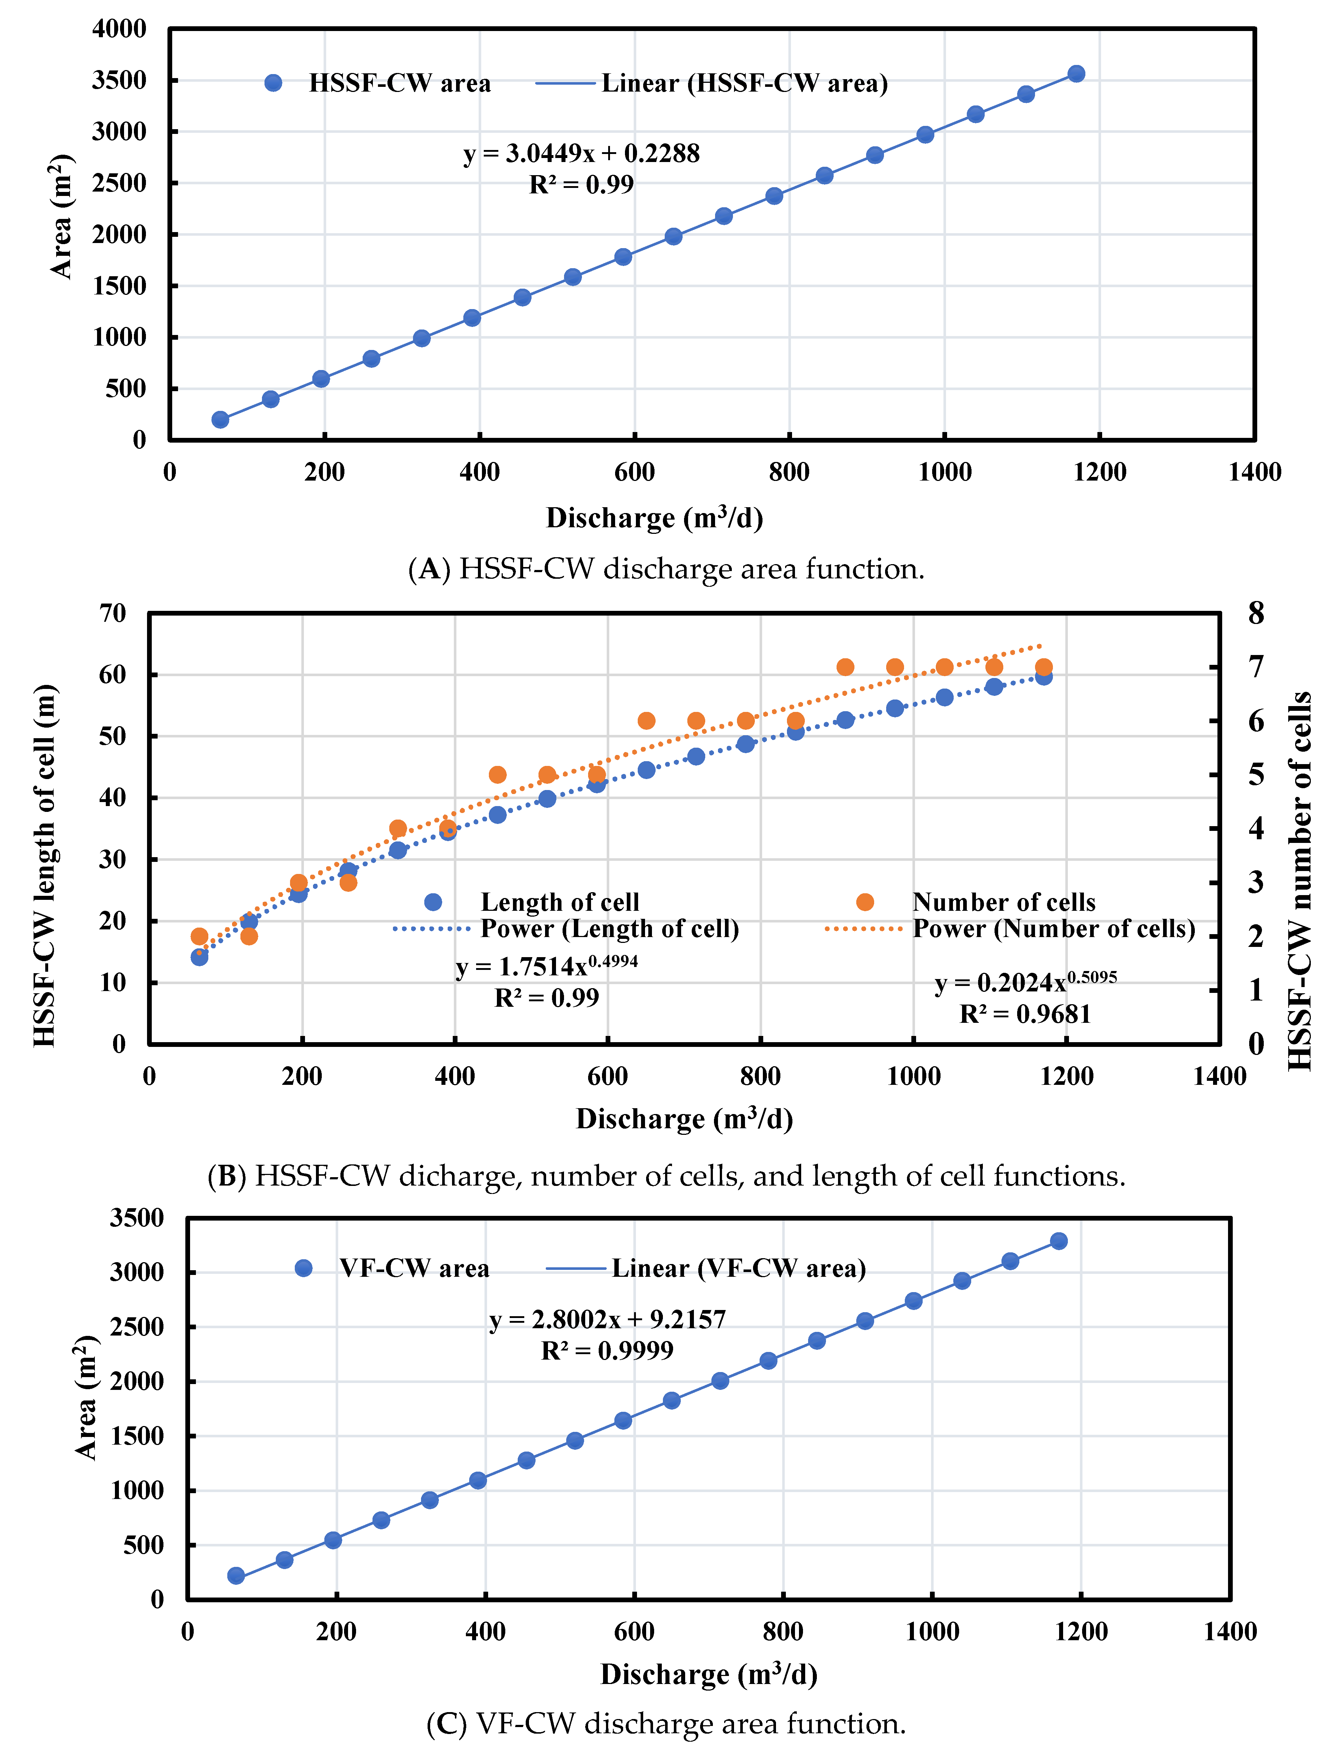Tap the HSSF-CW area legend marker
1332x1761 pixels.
tap(273, 83)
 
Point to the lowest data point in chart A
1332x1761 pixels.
tap(220, 420)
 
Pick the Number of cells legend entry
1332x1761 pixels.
tap(1003, 902)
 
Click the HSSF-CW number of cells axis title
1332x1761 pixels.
tap(1300, 880)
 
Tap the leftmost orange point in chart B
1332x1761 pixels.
tap(200, 936)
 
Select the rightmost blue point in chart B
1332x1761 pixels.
tap(1043, 677)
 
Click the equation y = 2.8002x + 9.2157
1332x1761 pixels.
tap(607, 1319)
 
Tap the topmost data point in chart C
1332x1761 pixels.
tap(1058, 1241)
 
